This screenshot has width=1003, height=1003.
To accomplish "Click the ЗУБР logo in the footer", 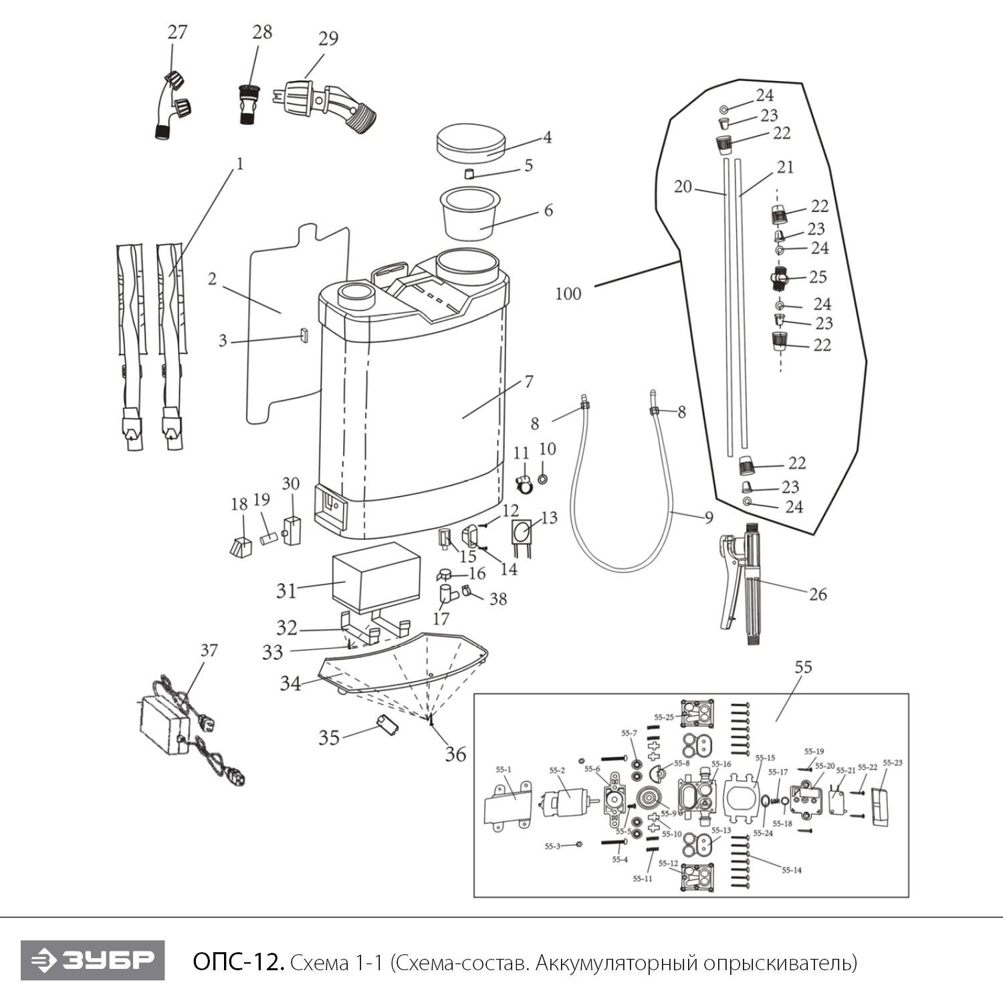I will pyautogui.click(x=92, y=960).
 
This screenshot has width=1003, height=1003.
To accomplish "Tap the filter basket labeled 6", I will pyautogui.click(x=471, y=214).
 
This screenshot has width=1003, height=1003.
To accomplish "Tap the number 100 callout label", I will pyautogui.click(x=568, y=294).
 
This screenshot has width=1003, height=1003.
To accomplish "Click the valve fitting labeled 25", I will pyautogui.click(x=779, y=277).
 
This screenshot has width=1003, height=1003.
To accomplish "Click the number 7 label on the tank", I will pyautogui.click(x=529, y=382).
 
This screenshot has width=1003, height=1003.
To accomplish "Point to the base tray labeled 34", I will pyautogui.click(x=401, y=665).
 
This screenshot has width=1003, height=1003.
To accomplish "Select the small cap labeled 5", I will pyautogui.click(x=469, y=175).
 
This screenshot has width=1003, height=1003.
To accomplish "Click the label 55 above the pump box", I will pyautogui.click(x=803, y=667).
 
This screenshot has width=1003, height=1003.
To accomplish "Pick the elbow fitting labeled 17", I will pyautogui.click(x=447, y=593).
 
